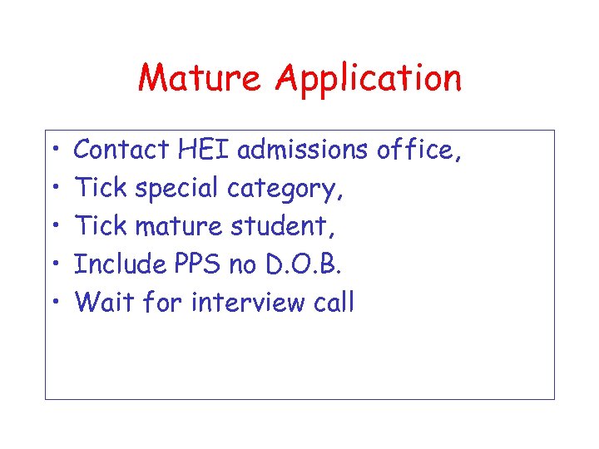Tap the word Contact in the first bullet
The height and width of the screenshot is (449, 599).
pyautogui.click(x=121, y=150)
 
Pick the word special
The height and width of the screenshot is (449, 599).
pyautogui.click(x=176, y=190)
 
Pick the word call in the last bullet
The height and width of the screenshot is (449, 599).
pyautogui.click(x=334, y=302)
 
